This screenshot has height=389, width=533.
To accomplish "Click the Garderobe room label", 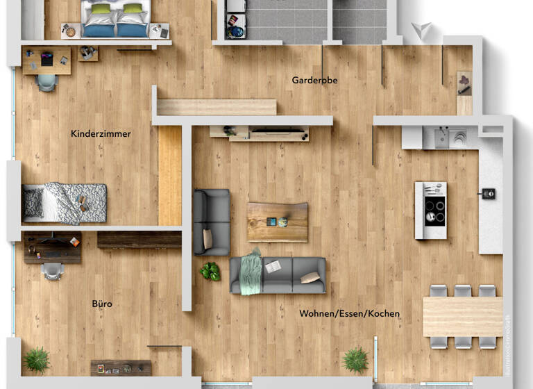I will pyautogui.click(x=314, y=81).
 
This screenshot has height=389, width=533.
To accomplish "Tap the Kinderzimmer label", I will pyautogui.click(x=101, y=133).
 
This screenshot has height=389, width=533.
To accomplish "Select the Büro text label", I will pyautogui.click(x=102, y=304).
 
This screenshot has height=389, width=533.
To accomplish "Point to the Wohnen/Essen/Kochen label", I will pyautogui.click(x=349, y=313).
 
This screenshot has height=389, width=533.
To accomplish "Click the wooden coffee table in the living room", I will pyautogui.click(x=278, y=222).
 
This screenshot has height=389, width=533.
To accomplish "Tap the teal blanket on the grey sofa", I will pyautogui.click(x=251, y=270).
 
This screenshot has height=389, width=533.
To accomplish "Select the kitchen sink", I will pyautogui.click(x=458, y=138).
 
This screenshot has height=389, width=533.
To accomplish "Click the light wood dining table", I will pyautogui.click(x=462, y=316).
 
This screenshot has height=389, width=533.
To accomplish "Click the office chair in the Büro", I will pyautogui.click(x=53, y=270).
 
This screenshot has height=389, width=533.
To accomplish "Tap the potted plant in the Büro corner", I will pyautogui.click(x=36, y=360).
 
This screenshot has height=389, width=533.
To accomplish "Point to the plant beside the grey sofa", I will pyautogui.click(x=210, y=271).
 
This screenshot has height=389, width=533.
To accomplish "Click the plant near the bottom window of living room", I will pyautogui.click(x=355, y=359).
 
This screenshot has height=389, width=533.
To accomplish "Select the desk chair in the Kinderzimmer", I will pyautogui.click(x=46, y=82).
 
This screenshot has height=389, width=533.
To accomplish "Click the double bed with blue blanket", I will pyautogui.click(x=116, y=18).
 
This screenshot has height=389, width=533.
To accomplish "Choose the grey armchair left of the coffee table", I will pyautogui.click(x=212, y=222).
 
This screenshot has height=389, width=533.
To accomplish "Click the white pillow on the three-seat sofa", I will pyautogui.click(x=310, y=278).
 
